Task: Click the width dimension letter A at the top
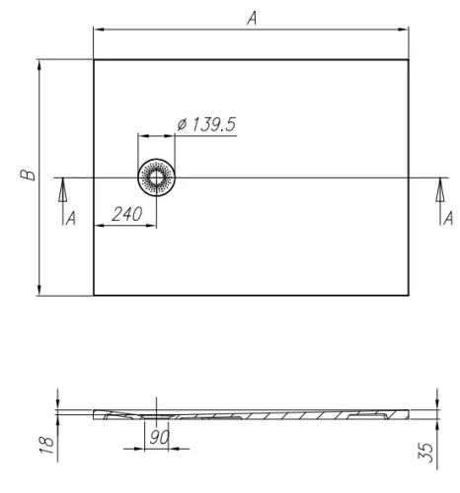(x=252, y=17)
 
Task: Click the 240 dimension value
(x=125, y=214)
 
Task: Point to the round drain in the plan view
(x=156, y=177)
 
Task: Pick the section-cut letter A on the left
(x=70, y=218)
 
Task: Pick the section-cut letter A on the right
(x=448, y=218)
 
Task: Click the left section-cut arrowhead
(x=61, y=185)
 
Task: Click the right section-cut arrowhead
(x=440, y=185)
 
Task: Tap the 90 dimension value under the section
(x=156, y=437)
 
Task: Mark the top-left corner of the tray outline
(x=94, y=60)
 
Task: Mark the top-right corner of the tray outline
(x=410, y=60)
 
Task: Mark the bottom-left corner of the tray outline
(x=94, y=295)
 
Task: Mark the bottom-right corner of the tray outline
(x=410, y=295)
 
